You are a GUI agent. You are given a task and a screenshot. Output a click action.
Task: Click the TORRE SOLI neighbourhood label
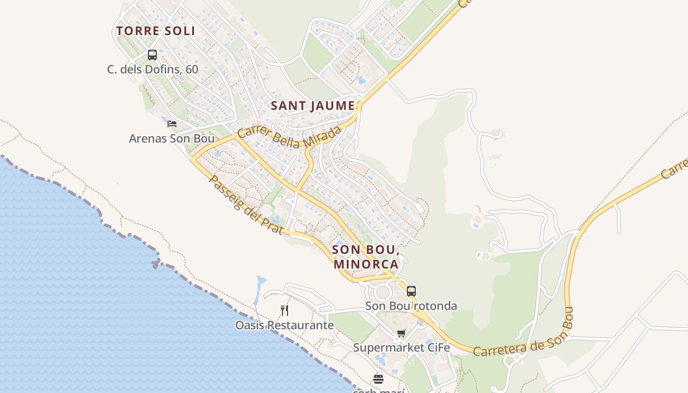click(156, 31)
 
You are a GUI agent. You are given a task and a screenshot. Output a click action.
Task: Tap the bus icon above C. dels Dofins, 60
click(152, 55)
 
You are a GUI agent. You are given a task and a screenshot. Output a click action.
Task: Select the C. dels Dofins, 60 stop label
click(153, 69)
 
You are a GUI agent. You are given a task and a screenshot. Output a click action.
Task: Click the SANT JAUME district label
click(313, 106)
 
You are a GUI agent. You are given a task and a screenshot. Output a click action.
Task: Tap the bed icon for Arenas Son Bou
click(172, 124)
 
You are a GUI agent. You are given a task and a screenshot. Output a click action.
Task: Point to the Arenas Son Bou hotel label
click(172, 139)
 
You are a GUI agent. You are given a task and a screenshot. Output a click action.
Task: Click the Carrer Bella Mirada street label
click(289, 137)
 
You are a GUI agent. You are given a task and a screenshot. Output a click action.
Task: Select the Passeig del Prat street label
click(245, 204)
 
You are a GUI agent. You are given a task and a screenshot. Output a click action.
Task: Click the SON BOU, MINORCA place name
click(366, 256)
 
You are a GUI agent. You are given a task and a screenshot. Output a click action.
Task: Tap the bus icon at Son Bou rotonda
click(411, 291)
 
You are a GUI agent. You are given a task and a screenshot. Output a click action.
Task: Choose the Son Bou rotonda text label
click(411, 306)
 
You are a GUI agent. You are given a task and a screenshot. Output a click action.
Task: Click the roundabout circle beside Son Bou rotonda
click(382, 293)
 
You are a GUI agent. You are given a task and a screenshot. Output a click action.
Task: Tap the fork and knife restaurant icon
click(285, 310)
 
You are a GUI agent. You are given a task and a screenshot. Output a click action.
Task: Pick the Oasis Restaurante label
click(285, 325)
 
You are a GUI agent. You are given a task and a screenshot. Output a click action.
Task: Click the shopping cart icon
click(401, 334)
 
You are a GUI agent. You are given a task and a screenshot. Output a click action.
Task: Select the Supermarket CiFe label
click(401, 348)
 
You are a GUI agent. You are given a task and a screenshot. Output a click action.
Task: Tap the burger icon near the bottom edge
click(378, 379)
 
